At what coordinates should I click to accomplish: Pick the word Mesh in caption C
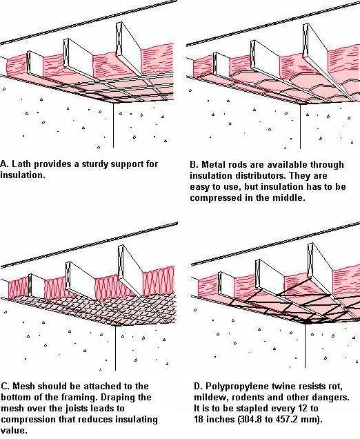click(24, 387)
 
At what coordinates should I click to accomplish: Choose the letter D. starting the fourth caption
click(198, 387)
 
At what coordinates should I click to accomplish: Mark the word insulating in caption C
click(136, 420)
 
